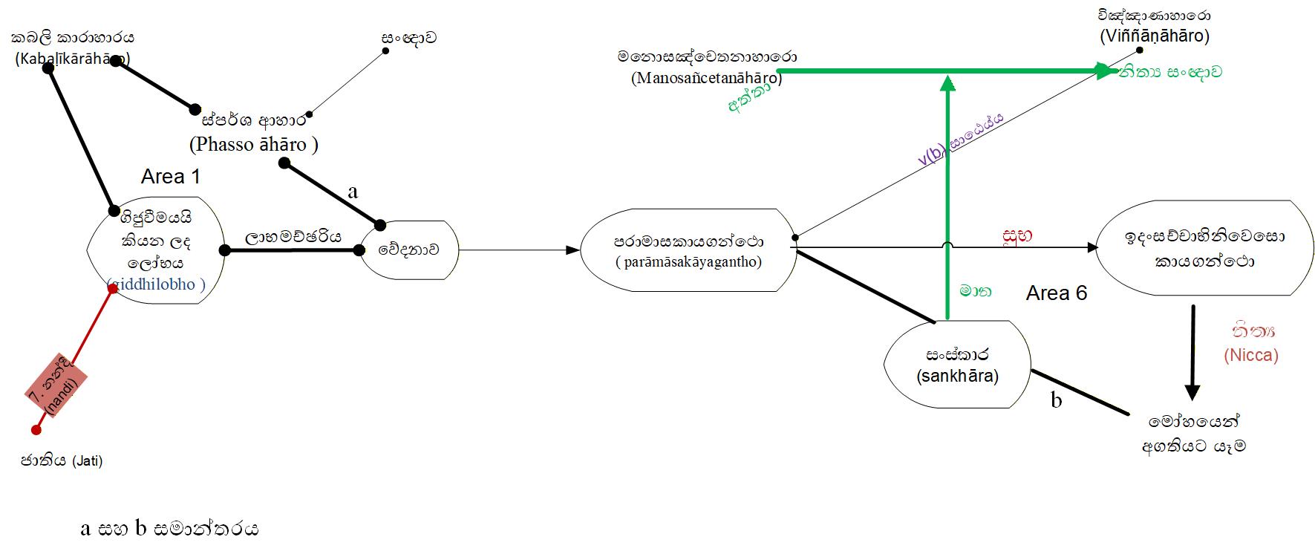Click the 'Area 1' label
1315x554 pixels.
point(170,177)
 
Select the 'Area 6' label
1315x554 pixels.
point(1056,293)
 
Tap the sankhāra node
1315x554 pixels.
point(957,365)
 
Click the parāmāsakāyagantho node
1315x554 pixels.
point(688,251)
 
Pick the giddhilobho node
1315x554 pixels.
point(156,250)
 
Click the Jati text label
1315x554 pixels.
point(62,461)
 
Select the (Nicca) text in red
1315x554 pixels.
point(1251,355)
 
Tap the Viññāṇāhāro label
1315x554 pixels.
point(1155,36)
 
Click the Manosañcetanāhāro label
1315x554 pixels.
point(706,77)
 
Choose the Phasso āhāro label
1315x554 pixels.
point(253,144)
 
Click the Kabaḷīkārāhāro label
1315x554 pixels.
point(72,59)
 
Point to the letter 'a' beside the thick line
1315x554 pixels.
point(353,192)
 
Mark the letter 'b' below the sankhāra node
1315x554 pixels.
point(1056,400)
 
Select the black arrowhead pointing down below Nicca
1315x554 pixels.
point(1192,391)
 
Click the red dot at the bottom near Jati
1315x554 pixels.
point(36,429)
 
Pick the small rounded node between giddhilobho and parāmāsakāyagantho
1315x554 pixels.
point(408,250)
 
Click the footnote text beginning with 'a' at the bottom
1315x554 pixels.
point(169,529)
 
